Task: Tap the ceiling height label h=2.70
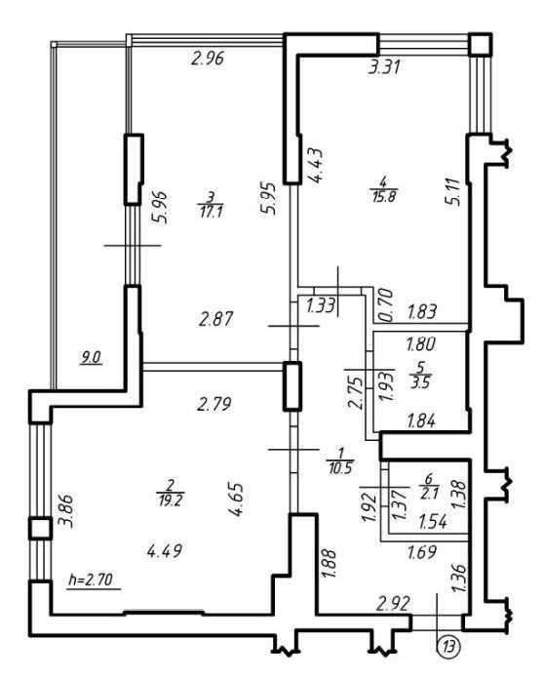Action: pos(91,580)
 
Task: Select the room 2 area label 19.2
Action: pos(170,501)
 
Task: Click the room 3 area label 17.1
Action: pos(211,212)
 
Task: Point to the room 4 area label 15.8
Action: pos(384,196)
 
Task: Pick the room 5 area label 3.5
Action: pos(419,383)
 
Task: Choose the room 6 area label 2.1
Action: pos(429,494)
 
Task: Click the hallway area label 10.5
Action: pos(340,468)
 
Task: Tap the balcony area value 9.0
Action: pos(92,358)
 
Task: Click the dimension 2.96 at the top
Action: pos(208,59)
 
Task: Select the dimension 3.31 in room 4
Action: pos(384,67)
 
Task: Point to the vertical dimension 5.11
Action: pos(453,194)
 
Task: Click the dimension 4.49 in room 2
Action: pos(165,551)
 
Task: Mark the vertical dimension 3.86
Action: pos(66,511)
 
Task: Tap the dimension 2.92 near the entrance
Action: pos(394,603)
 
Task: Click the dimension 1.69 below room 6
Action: pos(422,552)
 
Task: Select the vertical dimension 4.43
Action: pos(316,165)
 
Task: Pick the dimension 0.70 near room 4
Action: pos(386,305)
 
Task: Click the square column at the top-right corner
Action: pos(482,44)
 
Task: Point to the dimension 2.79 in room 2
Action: pos(214,404)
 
